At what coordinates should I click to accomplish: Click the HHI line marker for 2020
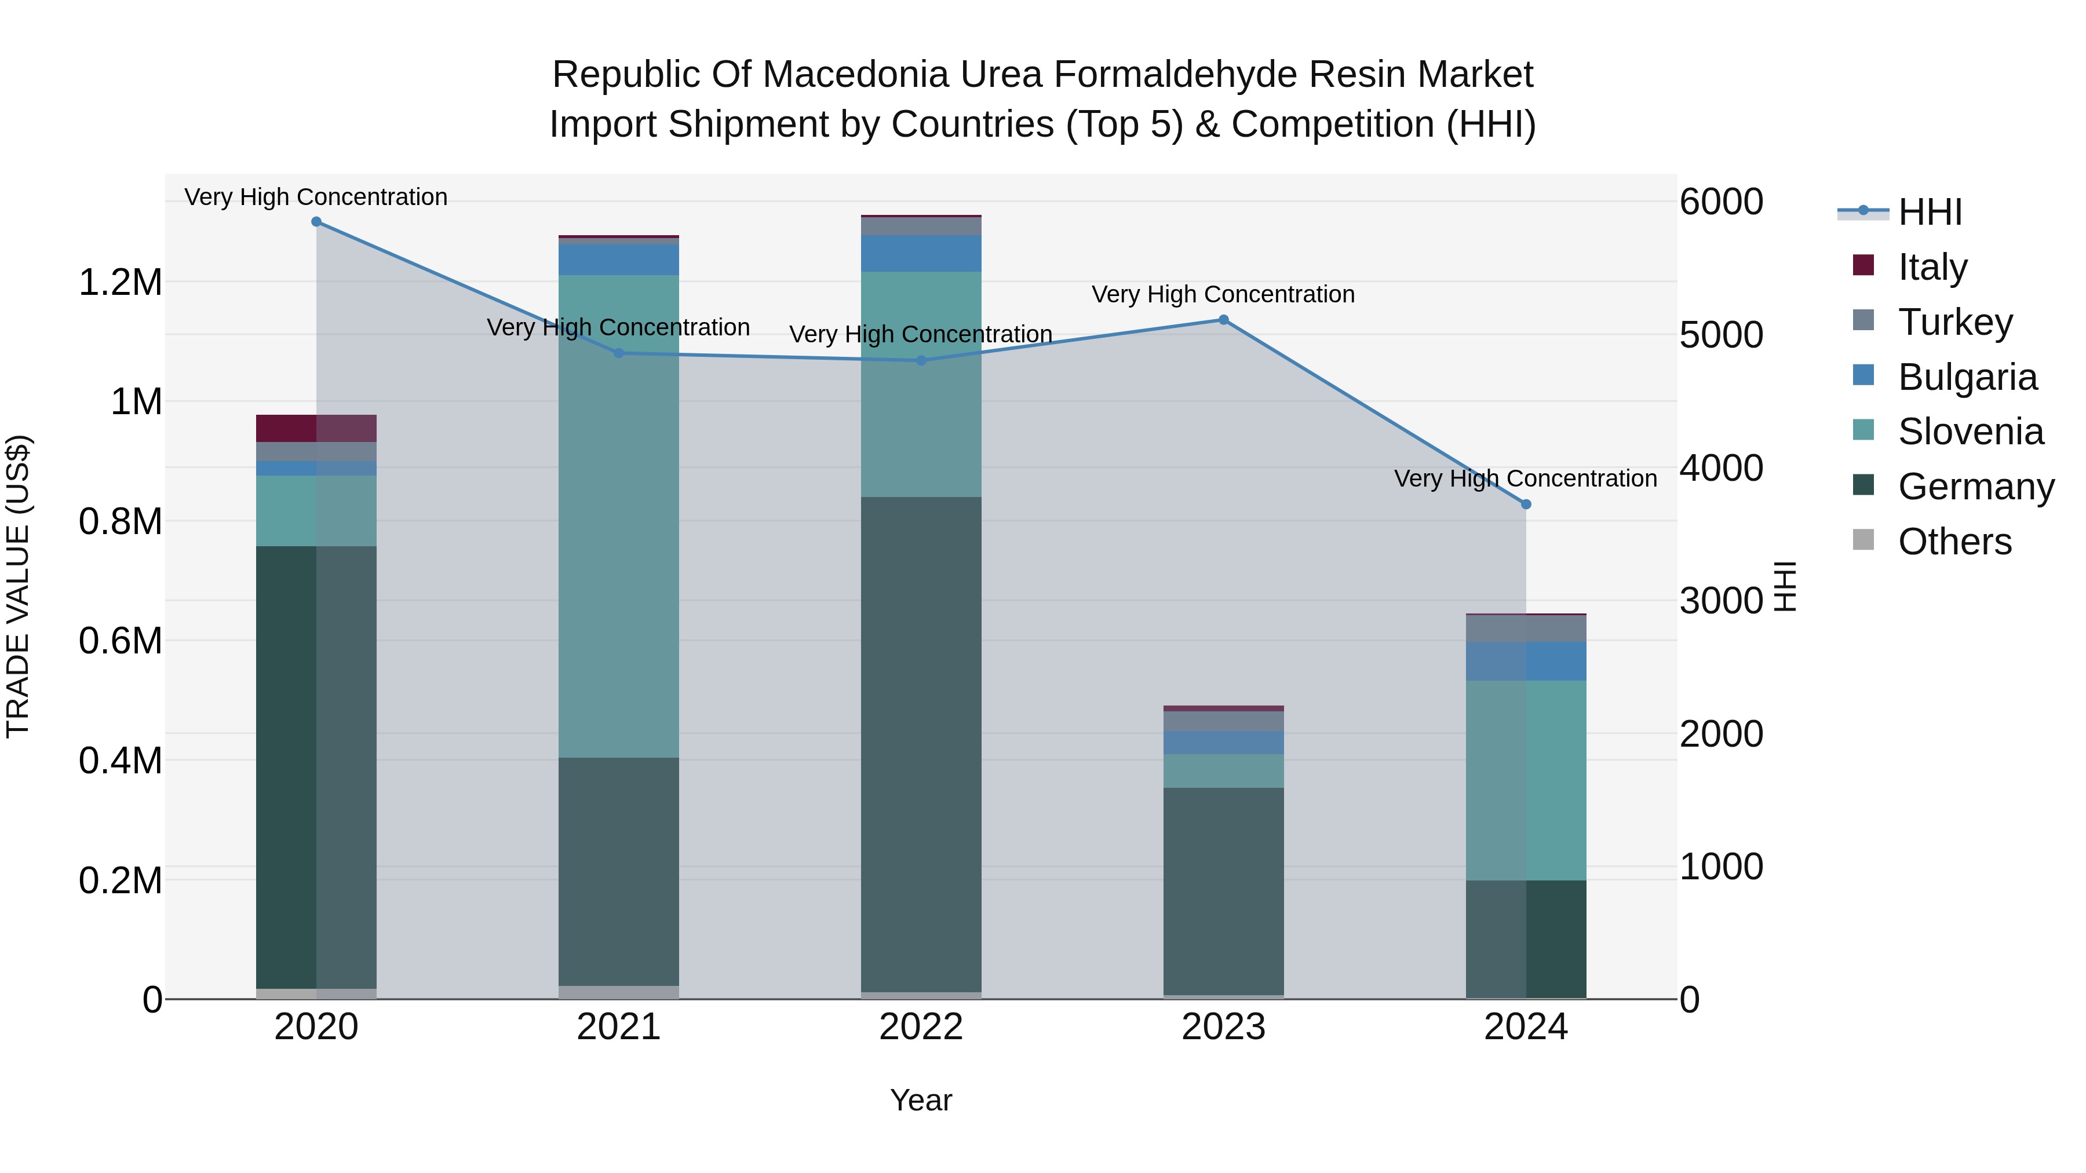point(316,222)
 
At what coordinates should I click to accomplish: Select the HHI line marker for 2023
point(1224,320)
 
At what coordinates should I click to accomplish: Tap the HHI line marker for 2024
point(1526,505)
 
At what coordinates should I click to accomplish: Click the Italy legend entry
point(1932,267)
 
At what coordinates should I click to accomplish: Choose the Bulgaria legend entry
point(1967,377)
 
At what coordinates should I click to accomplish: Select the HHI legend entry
point(1930,212)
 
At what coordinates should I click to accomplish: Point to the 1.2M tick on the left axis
point(120,283)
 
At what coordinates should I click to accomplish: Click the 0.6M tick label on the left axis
point(120,641)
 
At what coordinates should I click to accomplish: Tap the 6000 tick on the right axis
point(1721,202)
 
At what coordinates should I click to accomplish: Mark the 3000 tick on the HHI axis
point(1721,601)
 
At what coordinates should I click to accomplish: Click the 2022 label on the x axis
point(921,1027)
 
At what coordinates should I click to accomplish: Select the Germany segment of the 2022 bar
point(921,745)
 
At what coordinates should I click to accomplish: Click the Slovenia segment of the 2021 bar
point(619,517)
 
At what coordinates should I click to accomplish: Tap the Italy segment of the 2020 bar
point(316,428)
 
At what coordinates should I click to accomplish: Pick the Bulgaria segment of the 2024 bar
point(1526,662)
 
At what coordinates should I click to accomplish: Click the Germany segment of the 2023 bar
point(1224,890)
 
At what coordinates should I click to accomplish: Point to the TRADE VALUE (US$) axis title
point(18,586)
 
